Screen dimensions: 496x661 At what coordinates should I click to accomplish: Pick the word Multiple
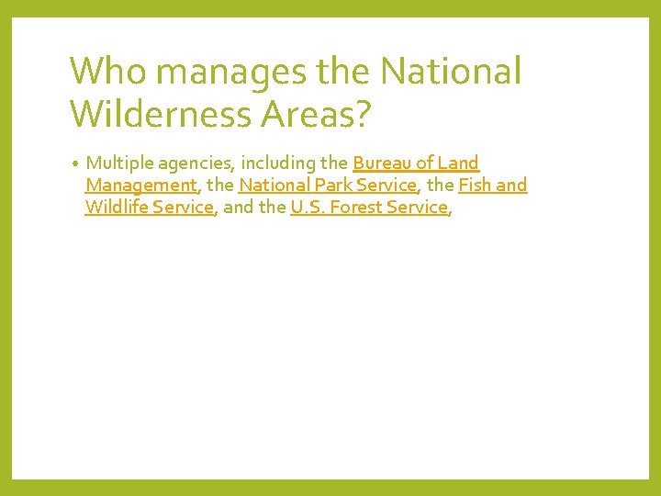(119, 163)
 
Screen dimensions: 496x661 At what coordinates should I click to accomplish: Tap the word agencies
(196, 163)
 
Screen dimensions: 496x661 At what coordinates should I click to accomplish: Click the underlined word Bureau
(380, 163)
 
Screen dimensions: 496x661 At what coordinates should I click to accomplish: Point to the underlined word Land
(458, 163)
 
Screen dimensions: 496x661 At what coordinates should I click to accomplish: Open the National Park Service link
(328, 186)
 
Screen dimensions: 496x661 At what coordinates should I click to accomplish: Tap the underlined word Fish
(476, 186)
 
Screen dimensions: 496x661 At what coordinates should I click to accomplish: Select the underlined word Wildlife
(116, 208)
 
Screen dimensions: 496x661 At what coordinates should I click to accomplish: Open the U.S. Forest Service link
(369, 208)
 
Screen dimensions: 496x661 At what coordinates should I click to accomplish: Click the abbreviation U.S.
(307, 208)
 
